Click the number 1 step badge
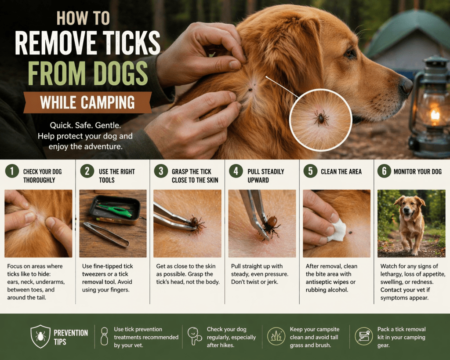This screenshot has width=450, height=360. coord(12,171)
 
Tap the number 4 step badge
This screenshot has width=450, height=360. coord(236,171)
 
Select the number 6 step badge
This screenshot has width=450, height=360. coord(384,171)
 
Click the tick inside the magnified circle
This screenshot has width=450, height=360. coord(321,118)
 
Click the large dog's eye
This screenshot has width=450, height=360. coord(350,53)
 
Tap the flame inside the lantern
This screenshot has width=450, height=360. coord(435,114)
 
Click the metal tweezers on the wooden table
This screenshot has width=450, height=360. coord(106,235)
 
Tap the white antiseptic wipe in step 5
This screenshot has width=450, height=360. coord(337,230)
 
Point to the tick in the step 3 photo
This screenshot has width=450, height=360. coord(196,223)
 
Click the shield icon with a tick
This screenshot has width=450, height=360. coord(40,336)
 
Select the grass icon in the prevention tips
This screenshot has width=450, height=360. coord(276,336)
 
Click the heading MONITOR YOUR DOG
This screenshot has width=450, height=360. coord(417,172)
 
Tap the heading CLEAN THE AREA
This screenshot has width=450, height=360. coord(341,172)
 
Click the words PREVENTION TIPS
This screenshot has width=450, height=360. coord(71,337)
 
